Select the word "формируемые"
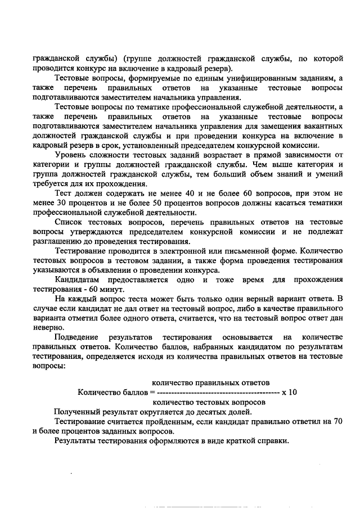[149, 78]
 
